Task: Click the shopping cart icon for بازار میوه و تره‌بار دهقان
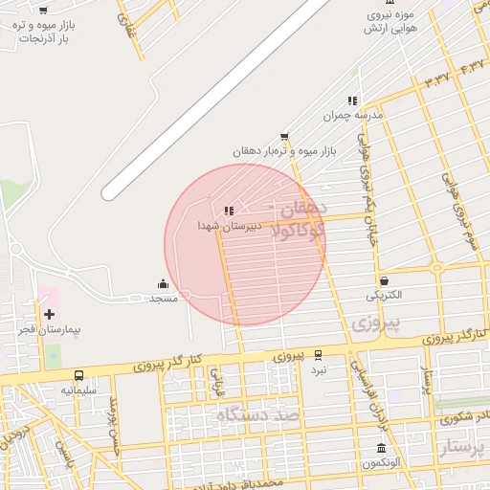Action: (284, 138)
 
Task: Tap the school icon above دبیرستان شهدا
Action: (228, 211)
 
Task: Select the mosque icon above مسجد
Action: (163, 283)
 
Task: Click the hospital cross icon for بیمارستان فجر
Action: (49, 314)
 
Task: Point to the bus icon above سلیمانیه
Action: (78, 375)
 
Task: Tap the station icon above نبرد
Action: (318, 354)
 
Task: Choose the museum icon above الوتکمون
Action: (381, 449)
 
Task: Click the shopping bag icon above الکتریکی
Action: (384, 280)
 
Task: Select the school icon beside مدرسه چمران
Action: (352, 100)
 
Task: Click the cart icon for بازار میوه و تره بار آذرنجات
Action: (44, 10)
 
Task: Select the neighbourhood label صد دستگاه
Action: (258, 414)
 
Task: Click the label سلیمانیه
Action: (80, 390)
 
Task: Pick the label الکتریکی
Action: (384, 295)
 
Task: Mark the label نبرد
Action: (319, 368)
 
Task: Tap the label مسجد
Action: (163, 299)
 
